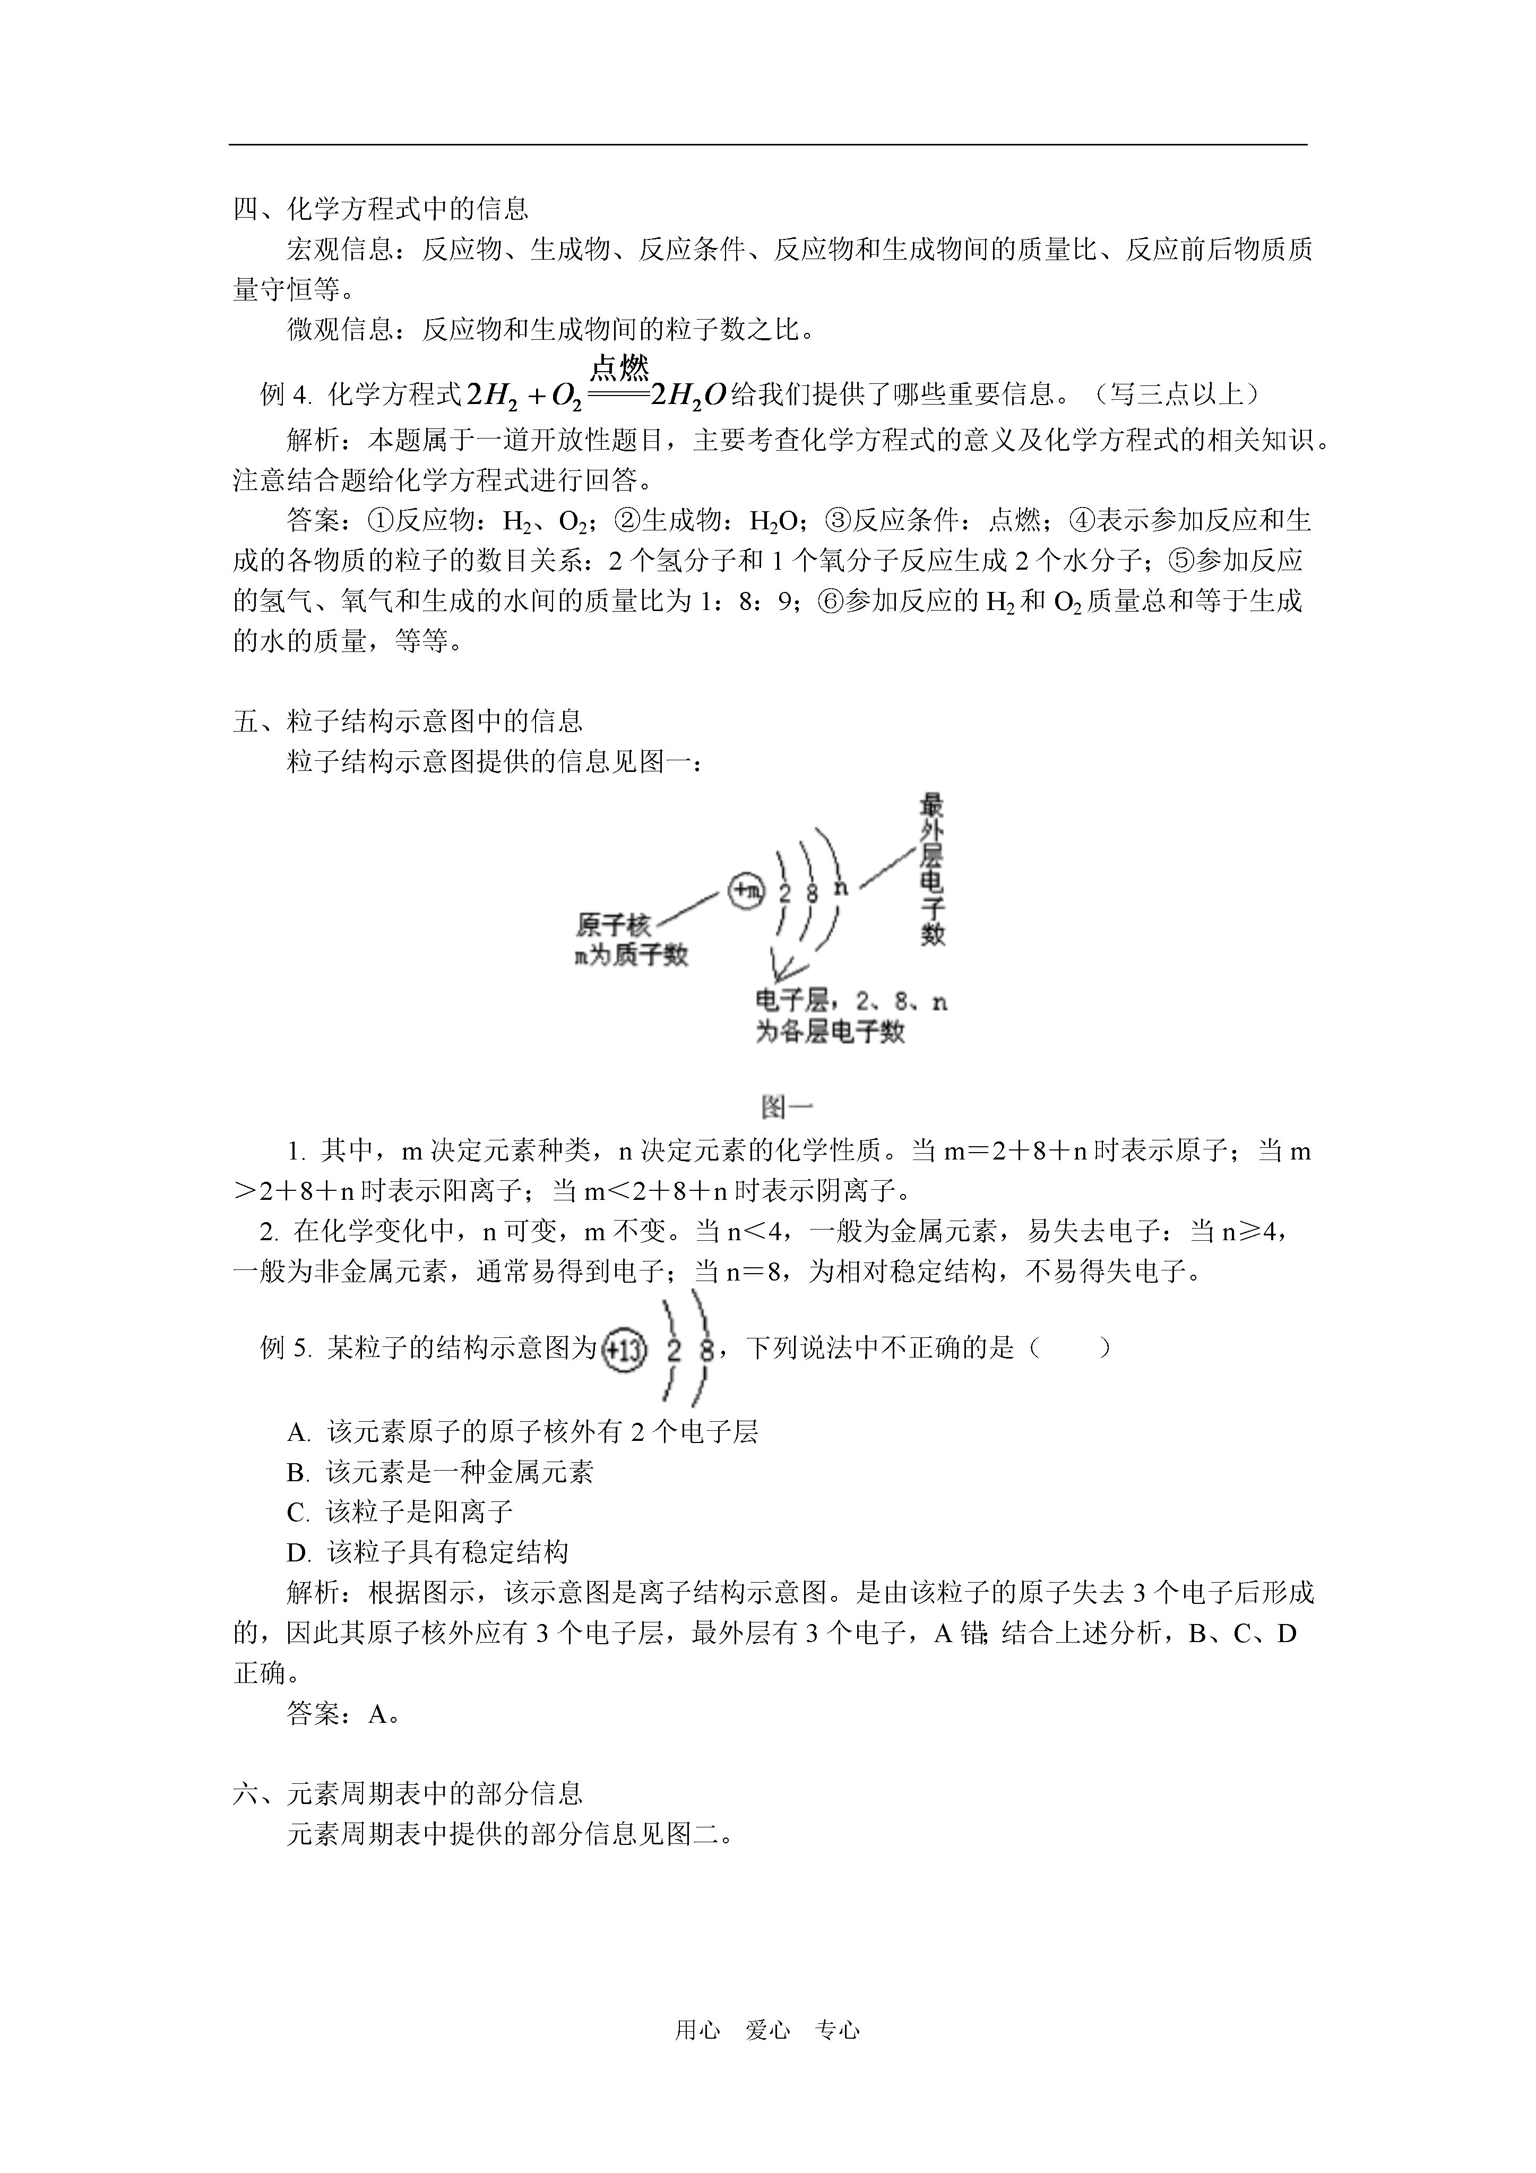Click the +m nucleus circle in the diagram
click(746, 890)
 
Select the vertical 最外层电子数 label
click(932, 871)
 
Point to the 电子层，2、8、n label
click(850, 1002)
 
